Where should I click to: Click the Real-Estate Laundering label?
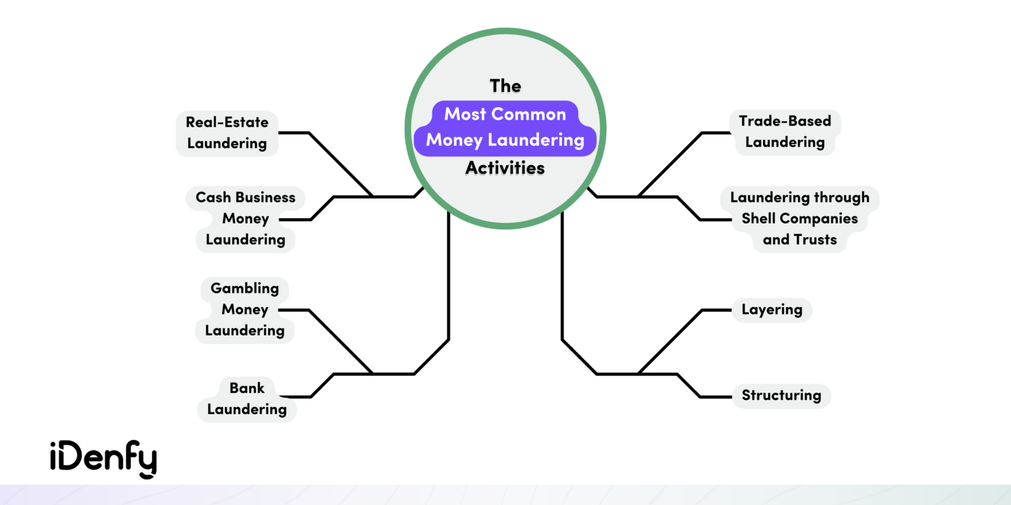tap(226, 133)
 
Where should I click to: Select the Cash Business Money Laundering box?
tap(245, 218)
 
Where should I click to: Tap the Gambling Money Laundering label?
tap(244, 309)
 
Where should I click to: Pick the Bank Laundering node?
tap(247, 398)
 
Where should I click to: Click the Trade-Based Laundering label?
tap(785, 132)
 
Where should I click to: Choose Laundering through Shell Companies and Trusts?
tap(799, 218)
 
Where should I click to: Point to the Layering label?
tap(771, 310)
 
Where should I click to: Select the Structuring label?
tap(781, 396)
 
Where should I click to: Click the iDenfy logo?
tap(103, 459)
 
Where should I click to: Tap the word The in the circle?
tap(505, 86)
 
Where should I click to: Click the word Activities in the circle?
tap(505, 168)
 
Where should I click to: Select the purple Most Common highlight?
tap(505, 114)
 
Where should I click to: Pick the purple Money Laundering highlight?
tap(505, 140)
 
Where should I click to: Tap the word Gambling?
tap(244, 288)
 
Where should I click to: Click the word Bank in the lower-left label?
tap(247, 388)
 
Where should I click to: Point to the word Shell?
tap(760, 218)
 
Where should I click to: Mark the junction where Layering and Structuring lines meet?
tap(638, 374)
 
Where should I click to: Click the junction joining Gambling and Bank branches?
tap(374, 374)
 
